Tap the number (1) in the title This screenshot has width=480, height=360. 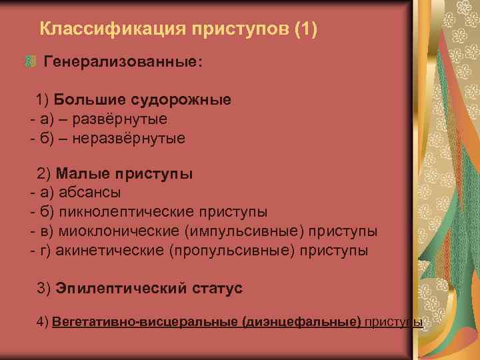point(304,29)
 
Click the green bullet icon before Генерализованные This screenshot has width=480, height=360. point(30,62)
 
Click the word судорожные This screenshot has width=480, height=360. point(181,100)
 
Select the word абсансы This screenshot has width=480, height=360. point(90,193)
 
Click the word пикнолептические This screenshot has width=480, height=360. point(126,213)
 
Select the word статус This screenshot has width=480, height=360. point(217,289)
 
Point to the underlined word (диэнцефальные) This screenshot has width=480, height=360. point(303,322)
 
